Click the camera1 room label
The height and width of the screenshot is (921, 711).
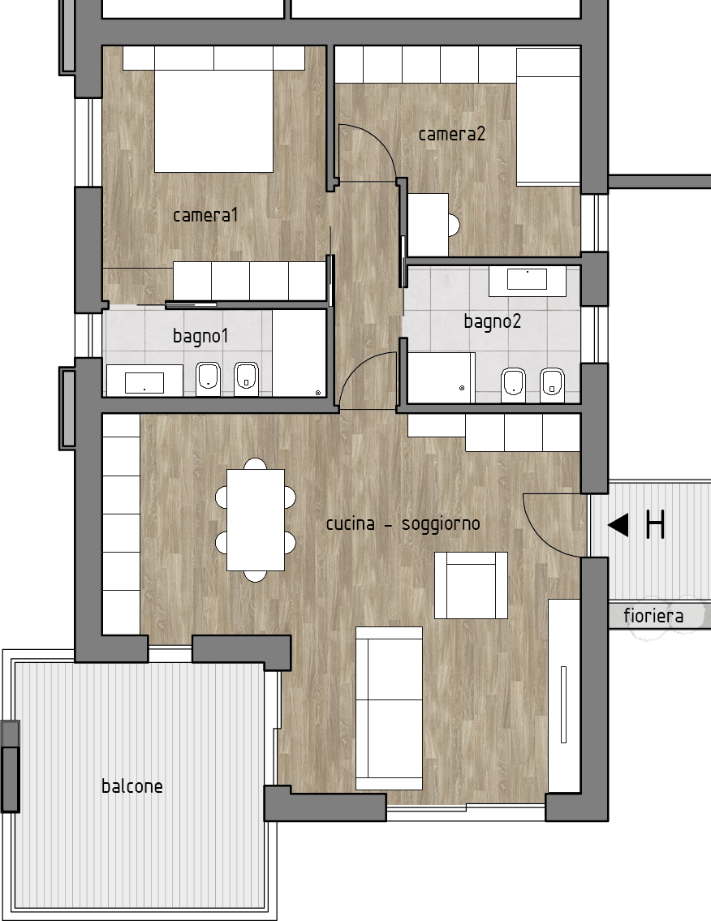click(205, 215)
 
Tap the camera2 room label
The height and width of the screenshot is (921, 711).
click(452, 134)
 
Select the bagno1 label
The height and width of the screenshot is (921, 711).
click(200, 337)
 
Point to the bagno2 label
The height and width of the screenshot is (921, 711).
click(493, 322)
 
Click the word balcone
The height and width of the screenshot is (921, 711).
click(132, 786)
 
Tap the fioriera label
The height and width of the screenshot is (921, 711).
click(653, 616)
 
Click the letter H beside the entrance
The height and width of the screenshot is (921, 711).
click(655, 524)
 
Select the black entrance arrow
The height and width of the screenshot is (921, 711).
click(618, 524)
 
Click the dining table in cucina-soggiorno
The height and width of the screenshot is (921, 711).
click(256, 520)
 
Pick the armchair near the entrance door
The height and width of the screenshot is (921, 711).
click(472, 585)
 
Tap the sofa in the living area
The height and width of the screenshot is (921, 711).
click(389, 708)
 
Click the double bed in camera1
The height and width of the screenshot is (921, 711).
click(214, 121)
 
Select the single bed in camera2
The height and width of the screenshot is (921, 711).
click(548, 117)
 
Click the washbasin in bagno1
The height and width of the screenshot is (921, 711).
click(144, 382)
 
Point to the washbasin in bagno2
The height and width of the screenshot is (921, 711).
click(527, 279)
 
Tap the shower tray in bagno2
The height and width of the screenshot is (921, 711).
click(442, 377)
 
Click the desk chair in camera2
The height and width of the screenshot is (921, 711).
click(454, 225)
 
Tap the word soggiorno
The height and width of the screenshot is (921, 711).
click(441, 524)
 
